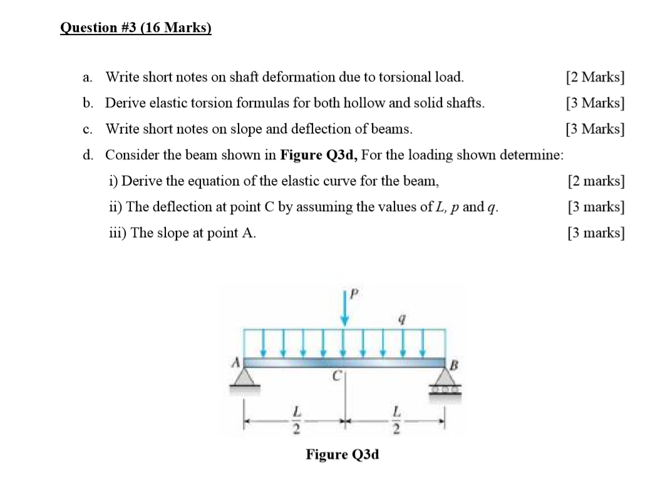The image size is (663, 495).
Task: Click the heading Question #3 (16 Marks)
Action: [x=136, y=28]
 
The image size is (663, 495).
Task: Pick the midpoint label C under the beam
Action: [x=336, y=377]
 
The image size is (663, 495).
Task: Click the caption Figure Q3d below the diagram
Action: [x=342, y=454]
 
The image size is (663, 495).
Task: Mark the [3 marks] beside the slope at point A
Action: [x=595, y=233]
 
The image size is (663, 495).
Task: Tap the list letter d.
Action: [x=88, y=155]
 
